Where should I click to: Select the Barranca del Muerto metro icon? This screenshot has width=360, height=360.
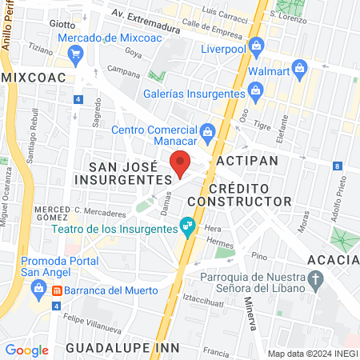tap(57, 290)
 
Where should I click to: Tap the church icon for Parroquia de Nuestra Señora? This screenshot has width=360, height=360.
tap(316, 280)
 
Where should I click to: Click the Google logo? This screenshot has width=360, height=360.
tap(26, 350)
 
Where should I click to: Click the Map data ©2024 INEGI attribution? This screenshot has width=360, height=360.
tap(313, 354)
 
